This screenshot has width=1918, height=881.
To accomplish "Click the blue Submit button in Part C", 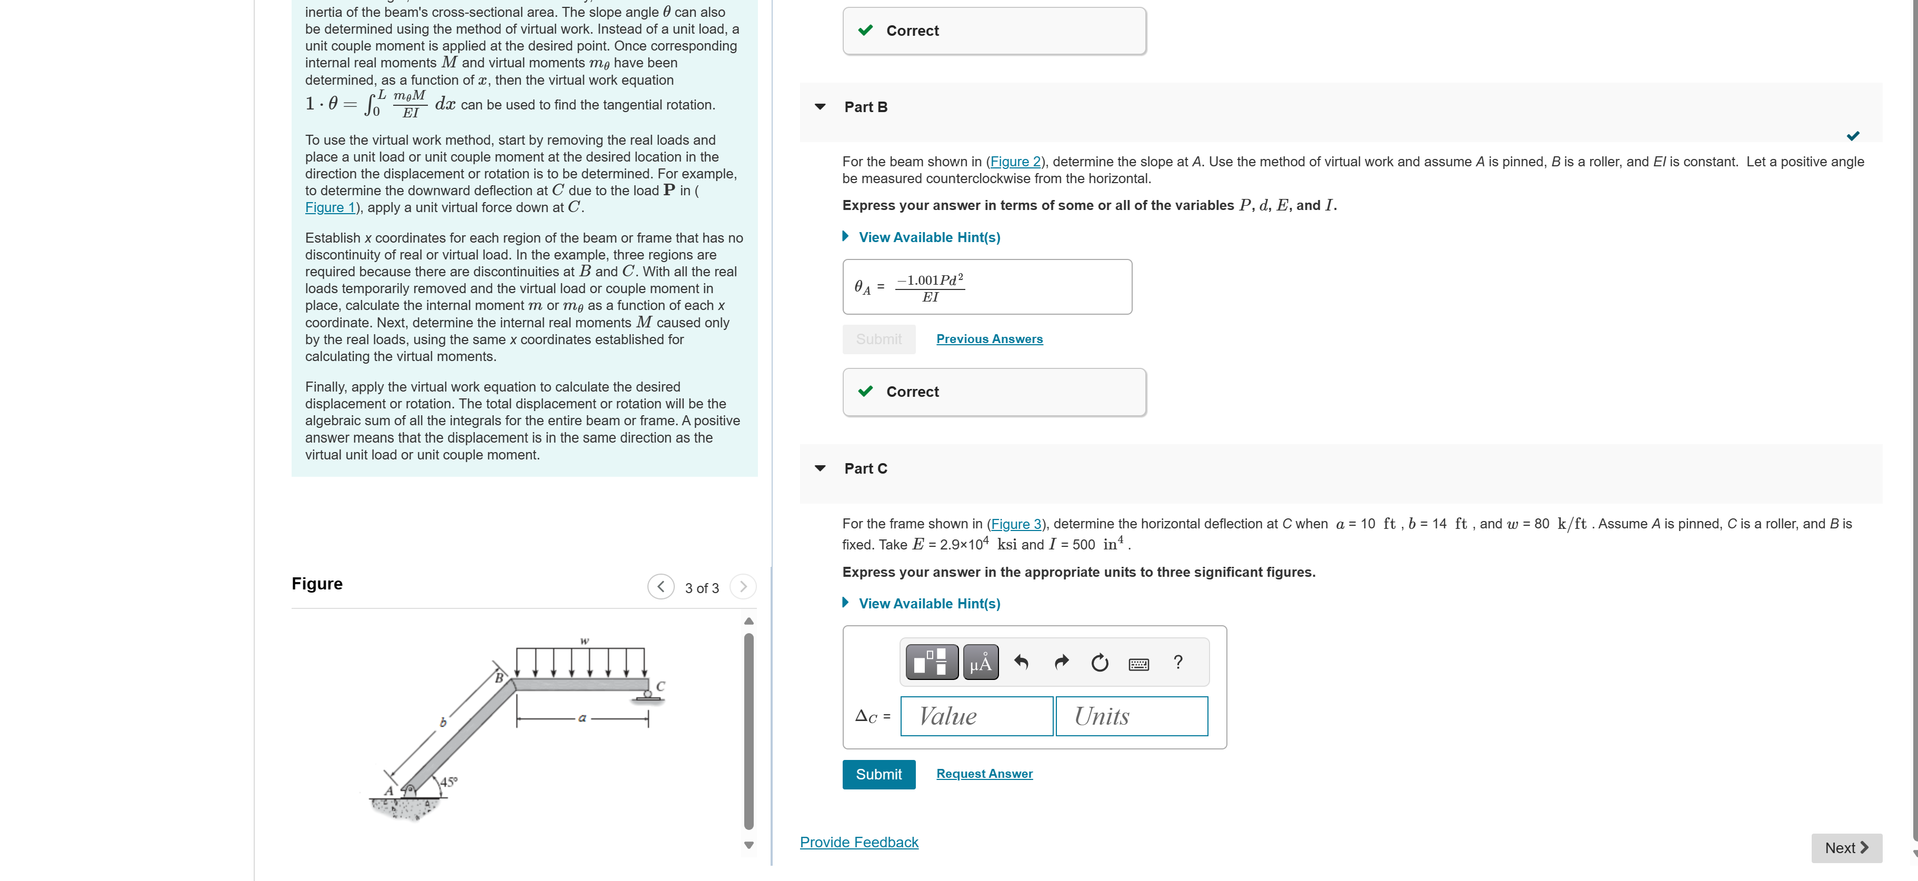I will [878, 774].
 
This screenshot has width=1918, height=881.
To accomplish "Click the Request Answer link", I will [984, 774].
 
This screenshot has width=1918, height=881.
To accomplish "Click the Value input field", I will [976, 716].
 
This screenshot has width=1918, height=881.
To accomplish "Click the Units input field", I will [1131, 716].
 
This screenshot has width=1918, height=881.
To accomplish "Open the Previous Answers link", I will [989, 339].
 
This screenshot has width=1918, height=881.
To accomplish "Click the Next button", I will [1846, 847].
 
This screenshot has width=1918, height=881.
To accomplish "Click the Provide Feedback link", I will [858, 842].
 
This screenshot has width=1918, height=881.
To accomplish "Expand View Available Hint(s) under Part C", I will [928, 603].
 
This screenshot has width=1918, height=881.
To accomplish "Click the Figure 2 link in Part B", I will [1015, 162].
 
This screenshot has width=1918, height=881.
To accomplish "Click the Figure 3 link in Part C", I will [1016, 524].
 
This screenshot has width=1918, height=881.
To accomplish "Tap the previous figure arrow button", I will [661, 587].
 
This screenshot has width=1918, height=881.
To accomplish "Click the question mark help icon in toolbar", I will [1177, 662].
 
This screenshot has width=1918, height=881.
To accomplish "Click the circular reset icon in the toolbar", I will [1099, 663].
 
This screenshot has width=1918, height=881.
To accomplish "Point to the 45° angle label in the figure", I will [448, 782].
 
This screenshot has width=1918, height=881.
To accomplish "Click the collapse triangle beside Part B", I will [820, 106].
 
